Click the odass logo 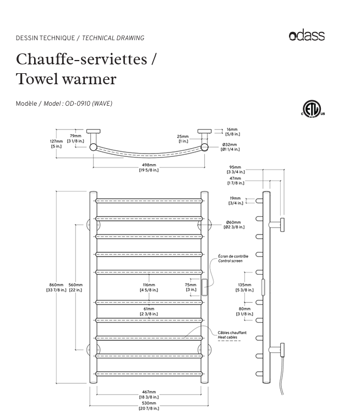pos(307,36)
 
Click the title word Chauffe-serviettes pos(81,59)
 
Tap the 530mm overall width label pos(149,405)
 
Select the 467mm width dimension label pos(149,394)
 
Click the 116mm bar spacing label pos(149,287)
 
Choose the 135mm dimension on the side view pos(243,287)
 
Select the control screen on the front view pos(204,287)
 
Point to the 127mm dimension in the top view pos(57,144)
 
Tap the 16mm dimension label pos(232,131)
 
